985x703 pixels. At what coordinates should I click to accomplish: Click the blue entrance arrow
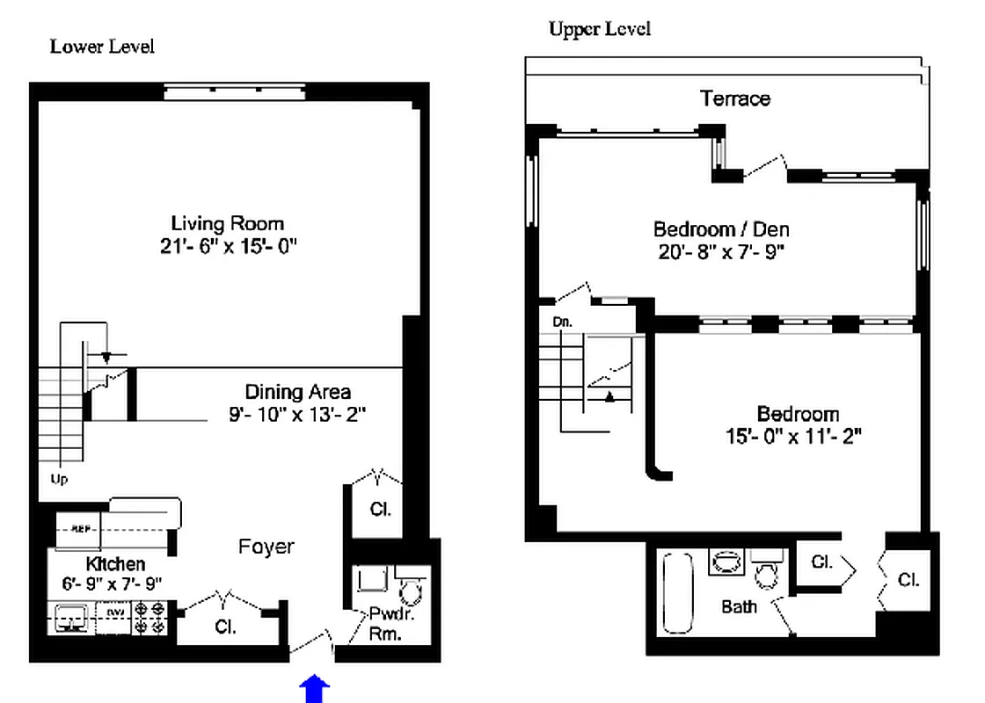coord(315,690)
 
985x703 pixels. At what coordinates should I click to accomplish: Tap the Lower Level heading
coord(102,47)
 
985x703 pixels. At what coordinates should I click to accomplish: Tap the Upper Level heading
coord(600,29)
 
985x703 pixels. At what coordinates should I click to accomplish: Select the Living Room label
coord(227,223)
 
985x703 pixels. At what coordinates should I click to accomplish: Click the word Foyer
coord(266,547)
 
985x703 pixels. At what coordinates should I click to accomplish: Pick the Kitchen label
coord(115,563)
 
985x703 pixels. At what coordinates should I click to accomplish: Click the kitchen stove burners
coord(150,618)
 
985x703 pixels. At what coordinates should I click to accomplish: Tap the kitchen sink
coord(70,620)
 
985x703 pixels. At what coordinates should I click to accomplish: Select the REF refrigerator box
coord(81,529)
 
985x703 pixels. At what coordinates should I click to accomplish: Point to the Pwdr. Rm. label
coord(386,625)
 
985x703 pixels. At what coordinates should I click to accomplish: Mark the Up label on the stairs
coord(59,479)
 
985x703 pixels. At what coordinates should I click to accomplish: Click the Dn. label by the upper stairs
coord(563,322)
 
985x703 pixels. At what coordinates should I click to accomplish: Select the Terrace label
coord(735,98)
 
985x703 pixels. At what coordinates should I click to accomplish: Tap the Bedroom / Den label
coord(721,229)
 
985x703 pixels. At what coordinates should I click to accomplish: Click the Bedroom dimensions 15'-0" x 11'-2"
coord(798,435)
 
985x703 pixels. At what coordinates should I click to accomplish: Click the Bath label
coord(739,606)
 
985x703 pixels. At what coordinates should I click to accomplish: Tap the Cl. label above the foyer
coord(380,509)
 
